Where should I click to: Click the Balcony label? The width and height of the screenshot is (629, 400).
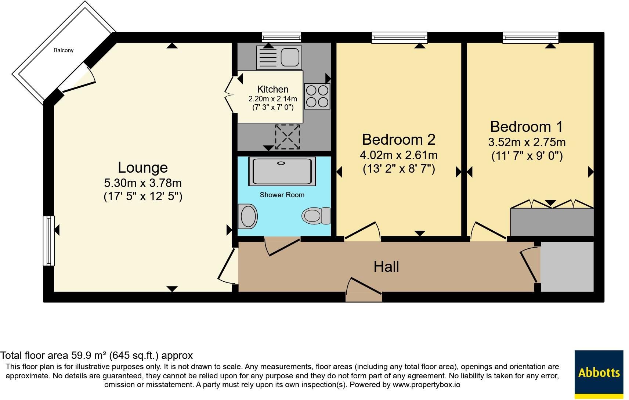(x=64, y=50)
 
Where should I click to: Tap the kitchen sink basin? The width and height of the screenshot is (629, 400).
(x=290, y=57)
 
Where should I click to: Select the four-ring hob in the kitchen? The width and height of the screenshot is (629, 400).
(x=317, y=96)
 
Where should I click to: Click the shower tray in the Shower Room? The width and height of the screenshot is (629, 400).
(x=282, y=171)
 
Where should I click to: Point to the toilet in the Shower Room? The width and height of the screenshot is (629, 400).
(x=316, y=216)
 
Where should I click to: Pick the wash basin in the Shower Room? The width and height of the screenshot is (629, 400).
(x=247, y=216)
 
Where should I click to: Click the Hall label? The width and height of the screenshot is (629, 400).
(x=386, y=267)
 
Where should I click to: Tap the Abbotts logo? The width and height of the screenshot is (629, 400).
(x=599, y=374)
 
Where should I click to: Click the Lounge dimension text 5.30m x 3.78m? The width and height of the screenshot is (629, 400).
(x=143, y=183)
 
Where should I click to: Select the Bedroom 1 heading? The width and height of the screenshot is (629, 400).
(x=527, y=127)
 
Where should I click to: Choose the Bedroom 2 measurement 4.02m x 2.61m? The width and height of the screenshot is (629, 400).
(x=399, y=155)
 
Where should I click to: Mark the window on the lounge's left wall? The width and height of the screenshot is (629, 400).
(x=48, y=241)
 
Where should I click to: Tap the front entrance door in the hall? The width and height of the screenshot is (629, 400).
(x=364, y=289)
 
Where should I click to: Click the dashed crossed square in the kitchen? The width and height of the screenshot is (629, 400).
(x=287, y=137)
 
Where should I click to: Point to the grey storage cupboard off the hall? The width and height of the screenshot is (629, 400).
(x=567, y=266)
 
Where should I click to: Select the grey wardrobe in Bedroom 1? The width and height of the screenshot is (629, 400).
(x=552, y=222)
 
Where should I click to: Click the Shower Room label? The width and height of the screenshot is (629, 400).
(x=282, y=195)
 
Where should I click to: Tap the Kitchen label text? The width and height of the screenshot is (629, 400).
(x=273, y=89)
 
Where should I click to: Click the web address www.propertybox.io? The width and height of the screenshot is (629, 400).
(x=426, y=385)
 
